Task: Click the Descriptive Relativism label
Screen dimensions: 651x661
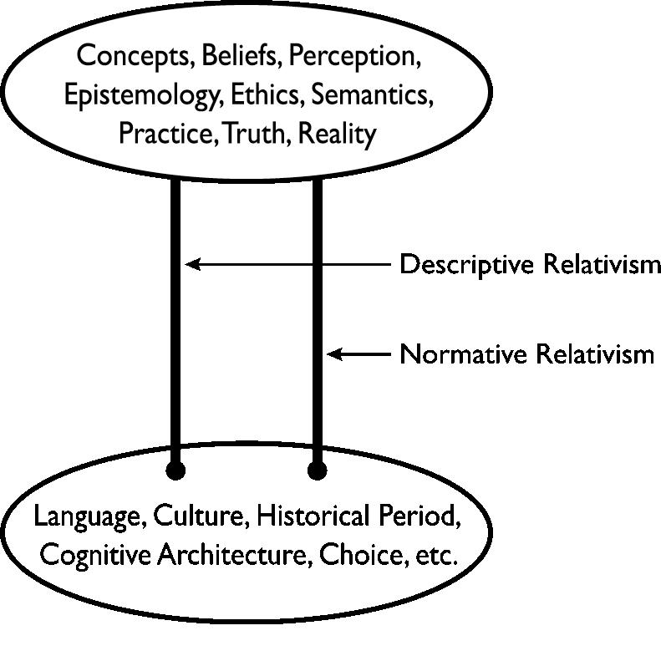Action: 530,265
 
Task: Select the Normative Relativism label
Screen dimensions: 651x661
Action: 526,354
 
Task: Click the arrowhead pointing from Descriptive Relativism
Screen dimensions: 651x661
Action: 193,264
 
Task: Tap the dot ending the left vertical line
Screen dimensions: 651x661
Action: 175,471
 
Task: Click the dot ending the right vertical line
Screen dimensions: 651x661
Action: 317,471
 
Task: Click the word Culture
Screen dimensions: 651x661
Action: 201,516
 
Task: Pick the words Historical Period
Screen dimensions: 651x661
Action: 358,516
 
